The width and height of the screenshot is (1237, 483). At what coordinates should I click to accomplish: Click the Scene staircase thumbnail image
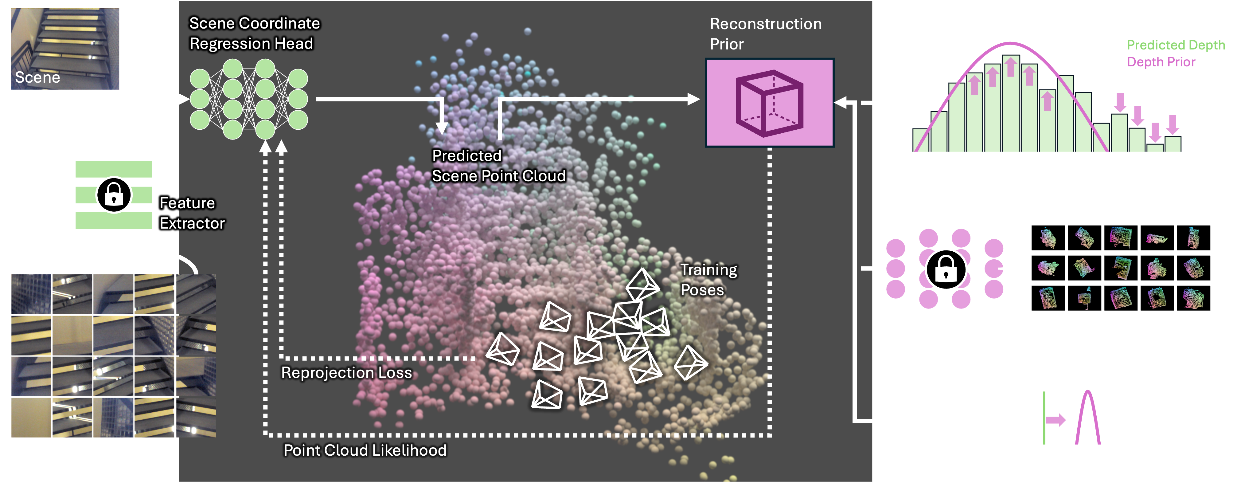click(x=65, y=48)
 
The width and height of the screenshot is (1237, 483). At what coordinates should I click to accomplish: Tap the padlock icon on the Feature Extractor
click(x=114, y=194)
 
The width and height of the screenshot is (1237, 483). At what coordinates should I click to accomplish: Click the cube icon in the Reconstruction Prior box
click(x=769, y=102)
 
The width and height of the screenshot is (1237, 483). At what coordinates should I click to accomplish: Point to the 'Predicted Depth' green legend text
click(x=1176, y=45)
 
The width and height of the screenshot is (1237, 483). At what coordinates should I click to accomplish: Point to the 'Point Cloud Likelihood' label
click(x=365, y=450)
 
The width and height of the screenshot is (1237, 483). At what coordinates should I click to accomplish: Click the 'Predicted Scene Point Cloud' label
click(x=498, y=166)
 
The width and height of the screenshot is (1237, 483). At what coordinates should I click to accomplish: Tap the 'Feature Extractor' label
click(x=192, y=213)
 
